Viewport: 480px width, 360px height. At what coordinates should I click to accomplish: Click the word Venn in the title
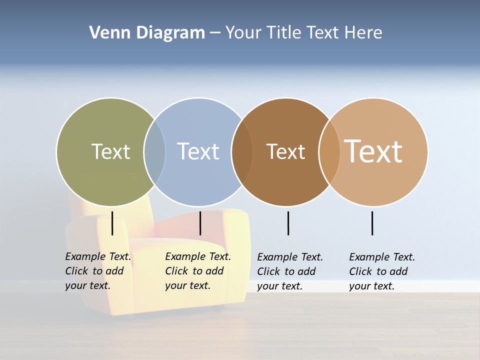[104, 33]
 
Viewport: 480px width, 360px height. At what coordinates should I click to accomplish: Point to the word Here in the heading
[363, 33]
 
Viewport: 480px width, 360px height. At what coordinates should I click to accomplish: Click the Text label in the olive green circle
[110, 151]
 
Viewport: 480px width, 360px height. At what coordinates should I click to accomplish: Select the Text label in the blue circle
[198, 151]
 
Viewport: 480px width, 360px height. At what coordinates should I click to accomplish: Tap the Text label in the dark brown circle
[285, 151]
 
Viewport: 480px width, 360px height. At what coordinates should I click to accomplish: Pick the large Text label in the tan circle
[373, 151]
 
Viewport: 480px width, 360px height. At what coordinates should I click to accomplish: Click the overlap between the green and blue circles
[154, 152]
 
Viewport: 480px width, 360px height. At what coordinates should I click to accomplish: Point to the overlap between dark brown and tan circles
[329, 152]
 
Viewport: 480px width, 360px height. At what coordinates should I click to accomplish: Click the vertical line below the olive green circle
[112, 223]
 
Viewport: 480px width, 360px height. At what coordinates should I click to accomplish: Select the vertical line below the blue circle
[200, 223]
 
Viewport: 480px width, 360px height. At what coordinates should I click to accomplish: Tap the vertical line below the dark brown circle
[288, 223]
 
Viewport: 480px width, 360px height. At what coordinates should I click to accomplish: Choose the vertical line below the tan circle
[372, 223]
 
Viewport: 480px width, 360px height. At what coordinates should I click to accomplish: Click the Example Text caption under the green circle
[98, 271]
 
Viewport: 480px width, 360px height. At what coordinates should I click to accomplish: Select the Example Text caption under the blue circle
[198, 271]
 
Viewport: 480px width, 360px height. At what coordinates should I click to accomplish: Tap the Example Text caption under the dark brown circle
[290, 271]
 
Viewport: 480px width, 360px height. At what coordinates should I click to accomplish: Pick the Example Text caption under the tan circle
[382, 271]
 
